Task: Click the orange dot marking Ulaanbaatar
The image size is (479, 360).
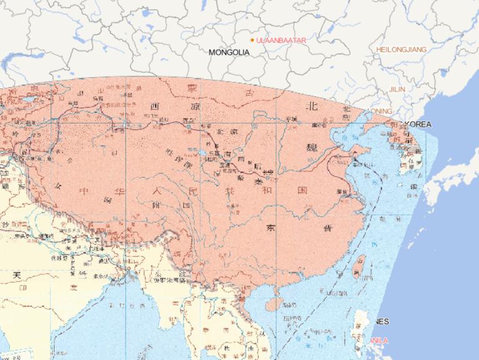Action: (x=252, y=40)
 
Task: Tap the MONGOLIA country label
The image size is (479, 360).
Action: (x=229, y=52)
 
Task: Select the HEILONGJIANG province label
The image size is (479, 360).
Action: (x=401, y=49)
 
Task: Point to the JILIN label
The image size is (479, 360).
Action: (x=397, y=89)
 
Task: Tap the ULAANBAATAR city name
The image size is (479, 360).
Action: (x=281, y=40)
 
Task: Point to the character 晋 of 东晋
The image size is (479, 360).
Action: (x=327, y=228)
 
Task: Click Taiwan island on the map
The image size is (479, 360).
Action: (x=359, y=266)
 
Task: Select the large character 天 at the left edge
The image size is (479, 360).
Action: (x=18, y=275)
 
